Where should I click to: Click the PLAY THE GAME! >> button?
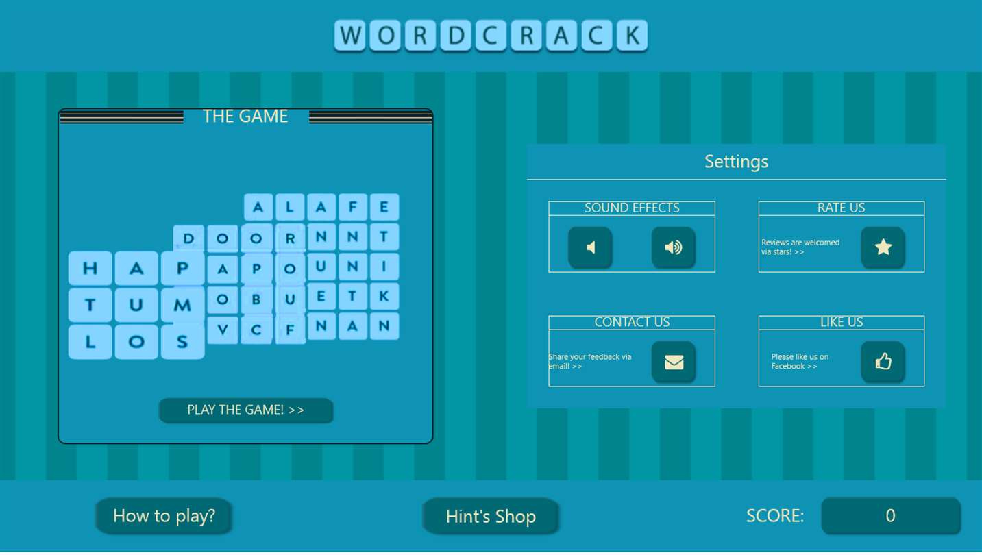pyautogui.click(x=246, y=410)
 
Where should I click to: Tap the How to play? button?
pyautogui.click(x=164, y=516)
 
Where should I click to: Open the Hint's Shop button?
pyautogui.click(x=491, y=517)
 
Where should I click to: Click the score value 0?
pyautogui.click(x=891, y=515)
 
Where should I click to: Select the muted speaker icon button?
pyautogui.click(x=590, y=247)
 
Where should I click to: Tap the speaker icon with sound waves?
pyautogui.click(x=674, y=247)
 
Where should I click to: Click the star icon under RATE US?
pyautogui.click(x=883, y=247)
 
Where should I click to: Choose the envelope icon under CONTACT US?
pyautogui.click(x=674, y=362)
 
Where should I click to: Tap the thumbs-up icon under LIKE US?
pyautogui.click(x=883, y=362)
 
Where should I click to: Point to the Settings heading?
pyautogui.click(x=737, y=162)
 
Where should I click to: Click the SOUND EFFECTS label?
pyautogui.click(x=632, y=208)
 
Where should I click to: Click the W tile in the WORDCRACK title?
pyautogui.click(x=350, y=36)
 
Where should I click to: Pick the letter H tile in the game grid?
pyautogui.click(x=90, y=269)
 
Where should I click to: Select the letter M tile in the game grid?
pyautogui.click(x=182, y=305)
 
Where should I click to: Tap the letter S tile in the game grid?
pyautogui.click(x=182, y=342)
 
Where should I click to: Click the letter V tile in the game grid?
pyautogui.click(x=222, y=330)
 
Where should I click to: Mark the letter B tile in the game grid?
pyautogui.click(x=256, y=299)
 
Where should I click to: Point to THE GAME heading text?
pyautogui.click(x=245, y=116)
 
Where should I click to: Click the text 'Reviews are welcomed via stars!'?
pyautogui.click(x=800, y=247)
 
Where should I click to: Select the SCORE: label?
pyautogui.click(x=775, y=516)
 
